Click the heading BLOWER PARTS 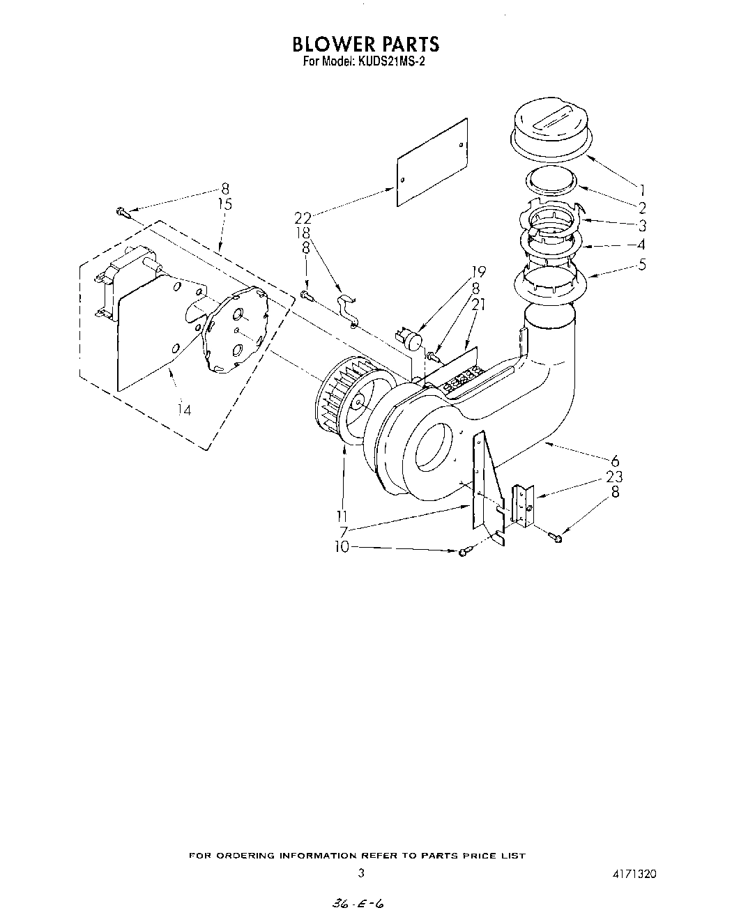click(366, 43)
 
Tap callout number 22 click(303, 217)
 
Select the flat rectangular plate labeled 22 click(432, 162)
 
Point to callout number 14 click(184, 410)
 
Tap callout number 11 click(342, 516)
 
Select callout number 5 click(642, 265)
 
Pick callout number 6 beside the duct click(615, 461)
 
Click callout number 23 click(615, 477)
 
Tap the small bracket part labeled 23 click(522, 505)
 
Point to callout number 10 click(342, 548)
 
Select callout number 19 click(479, 272)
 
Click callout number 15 click(224, 204)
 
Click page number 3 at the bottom click(360, 872)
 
